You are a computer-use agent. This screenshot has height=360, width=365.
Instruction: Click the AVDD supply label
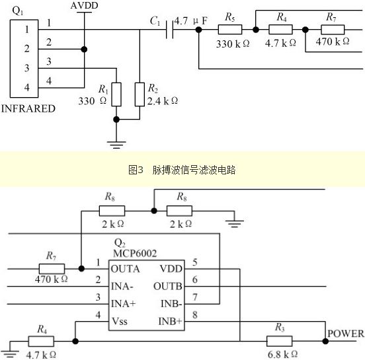84,5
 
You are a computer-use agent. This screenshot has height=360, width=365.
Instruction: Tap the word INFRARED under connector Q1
28,108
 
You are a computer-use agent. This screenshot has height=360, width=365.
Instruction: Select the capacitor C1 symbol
170,30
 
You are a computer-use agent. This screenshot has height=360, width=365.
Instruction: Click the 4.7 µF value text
191,21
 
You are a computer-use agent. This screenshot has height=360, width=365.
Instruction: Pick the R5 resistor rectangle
230,30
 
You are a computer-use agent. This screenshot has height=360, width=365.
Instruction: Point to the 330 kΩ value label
233,44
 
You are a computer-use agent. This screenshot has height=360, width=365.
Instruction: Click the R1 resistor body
116,94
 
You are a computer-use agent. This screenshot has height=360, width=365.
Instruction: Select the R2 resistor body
140,94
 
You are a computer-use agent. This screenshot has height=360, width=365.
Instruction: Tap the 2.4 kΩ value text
163,101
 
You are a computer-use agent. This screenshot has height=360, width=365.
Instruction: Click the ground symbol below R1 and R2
116,145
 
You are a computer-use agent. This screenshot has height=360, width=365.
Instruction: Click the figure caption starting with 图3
182,170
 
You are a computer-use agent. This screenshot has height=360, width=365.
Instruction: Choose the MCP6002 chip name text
135,253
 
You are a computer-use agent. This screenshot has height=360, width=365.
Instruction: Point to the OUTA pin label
125,269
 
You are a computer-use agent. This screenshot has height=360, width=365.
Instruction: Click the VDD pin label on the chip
171,269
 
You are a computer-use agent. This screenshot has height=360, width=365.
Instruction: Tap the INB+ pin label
170,322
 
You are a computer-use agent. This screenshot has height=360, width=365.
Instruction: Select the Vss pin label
120,322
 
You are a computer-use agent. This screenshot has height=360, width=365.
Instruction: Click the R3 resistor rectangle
279,341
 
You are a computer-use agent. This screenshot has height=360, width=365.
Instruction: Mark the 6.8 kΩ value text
282,355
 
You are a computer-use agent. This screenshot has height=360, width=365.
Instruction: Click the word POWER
346,334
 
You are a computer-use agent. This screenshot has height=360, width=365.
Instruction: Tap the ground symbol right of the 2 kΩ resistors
235,223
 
